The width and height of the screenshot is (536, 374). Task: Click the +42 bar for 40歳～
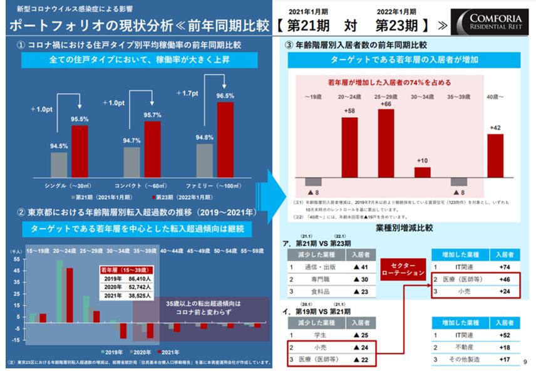[495, 155]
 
